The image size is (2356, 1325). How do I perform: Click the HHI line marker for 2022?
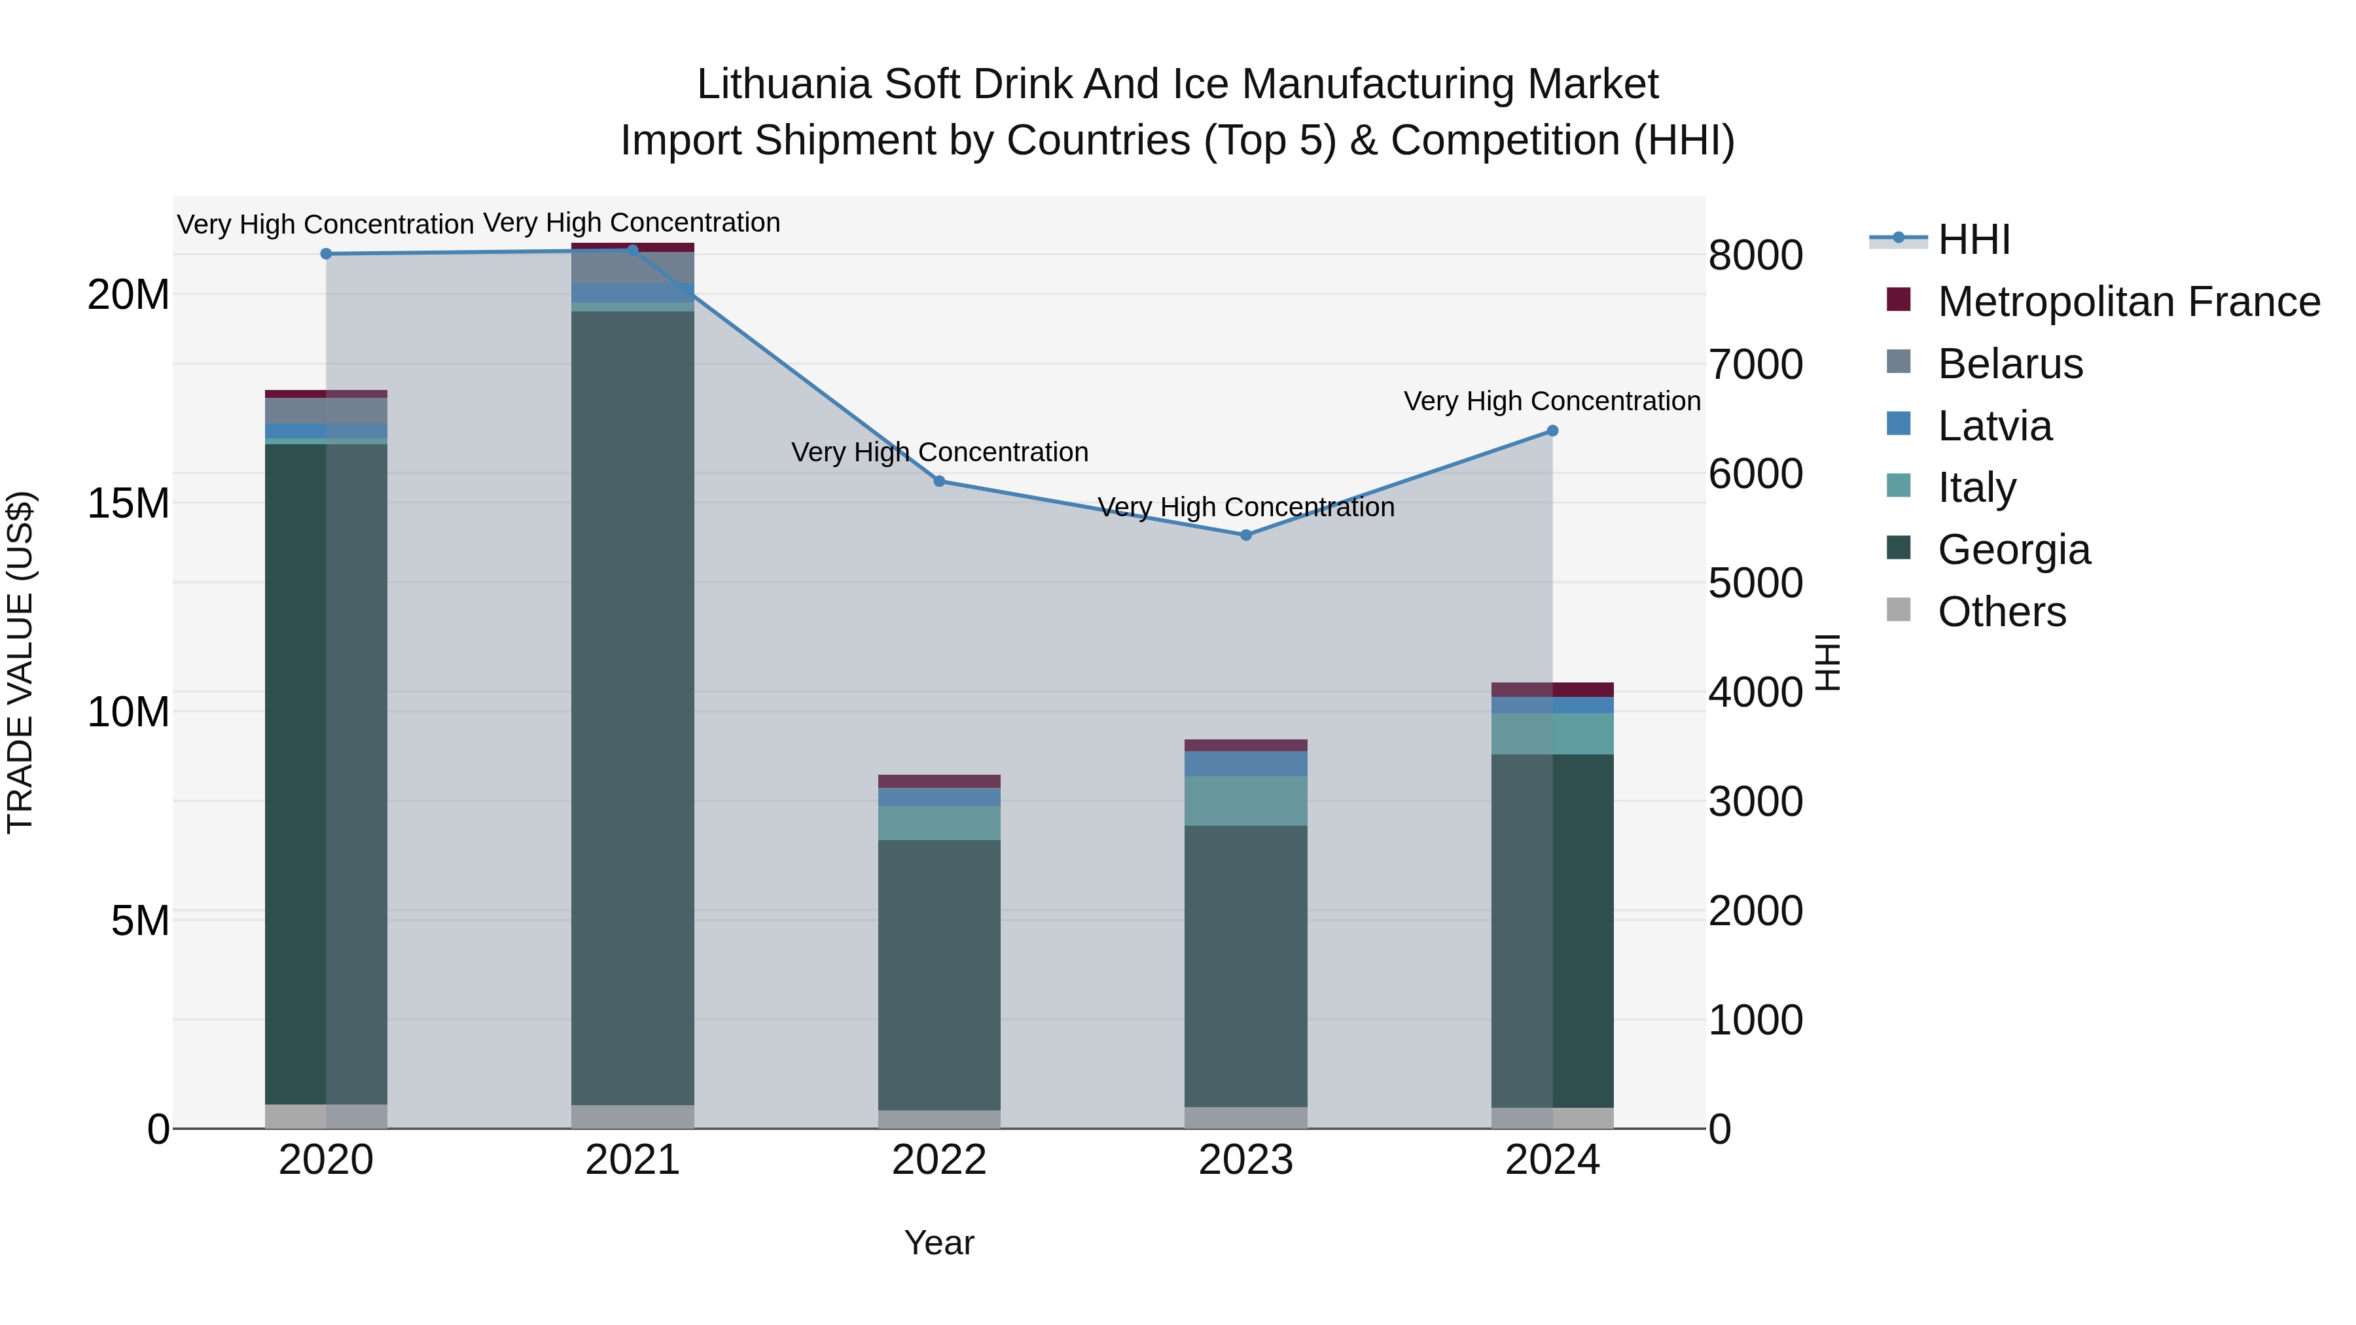click(x=939, y=481)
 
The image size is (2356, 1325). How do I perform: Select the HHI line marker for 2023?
click(x=1245, y=535)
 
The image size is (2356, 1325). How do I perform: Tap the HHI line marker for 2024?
click(x=1552, y=431)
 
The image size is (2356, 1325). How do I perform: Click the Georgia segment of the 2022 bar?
click(x=939, y=974)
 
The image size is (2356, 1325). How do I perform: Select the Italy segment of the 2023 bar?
click(x=1245, y=801)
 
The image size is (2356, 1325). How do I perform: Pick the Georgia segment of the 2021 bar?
click(x=633, y=709)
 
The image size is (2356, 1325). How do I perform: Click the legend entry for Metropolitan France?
click(x=2128, y=302)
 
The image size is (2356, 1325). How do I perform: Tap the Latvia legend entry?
click(x=1994, y=426)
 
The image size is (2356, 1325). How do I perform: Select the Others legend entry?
click(x=2001, y=612)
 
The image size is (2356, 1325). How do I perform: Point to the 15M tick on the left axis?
click(x=128, y=504)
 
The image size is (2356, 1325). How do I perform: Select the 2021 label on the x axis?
click(x=633, y=1160)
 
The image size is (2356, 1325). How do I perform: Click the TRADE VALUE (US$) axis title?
click(x=20, y=662)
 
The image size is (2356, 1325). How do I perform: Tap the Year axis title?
click(x=939, y=1243)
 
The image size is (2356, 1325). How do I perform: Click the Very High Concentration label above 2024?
click(x=1552, y=402)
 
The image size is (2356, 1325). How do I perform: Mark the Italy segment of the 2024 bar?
click(x=1552, y=733)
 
